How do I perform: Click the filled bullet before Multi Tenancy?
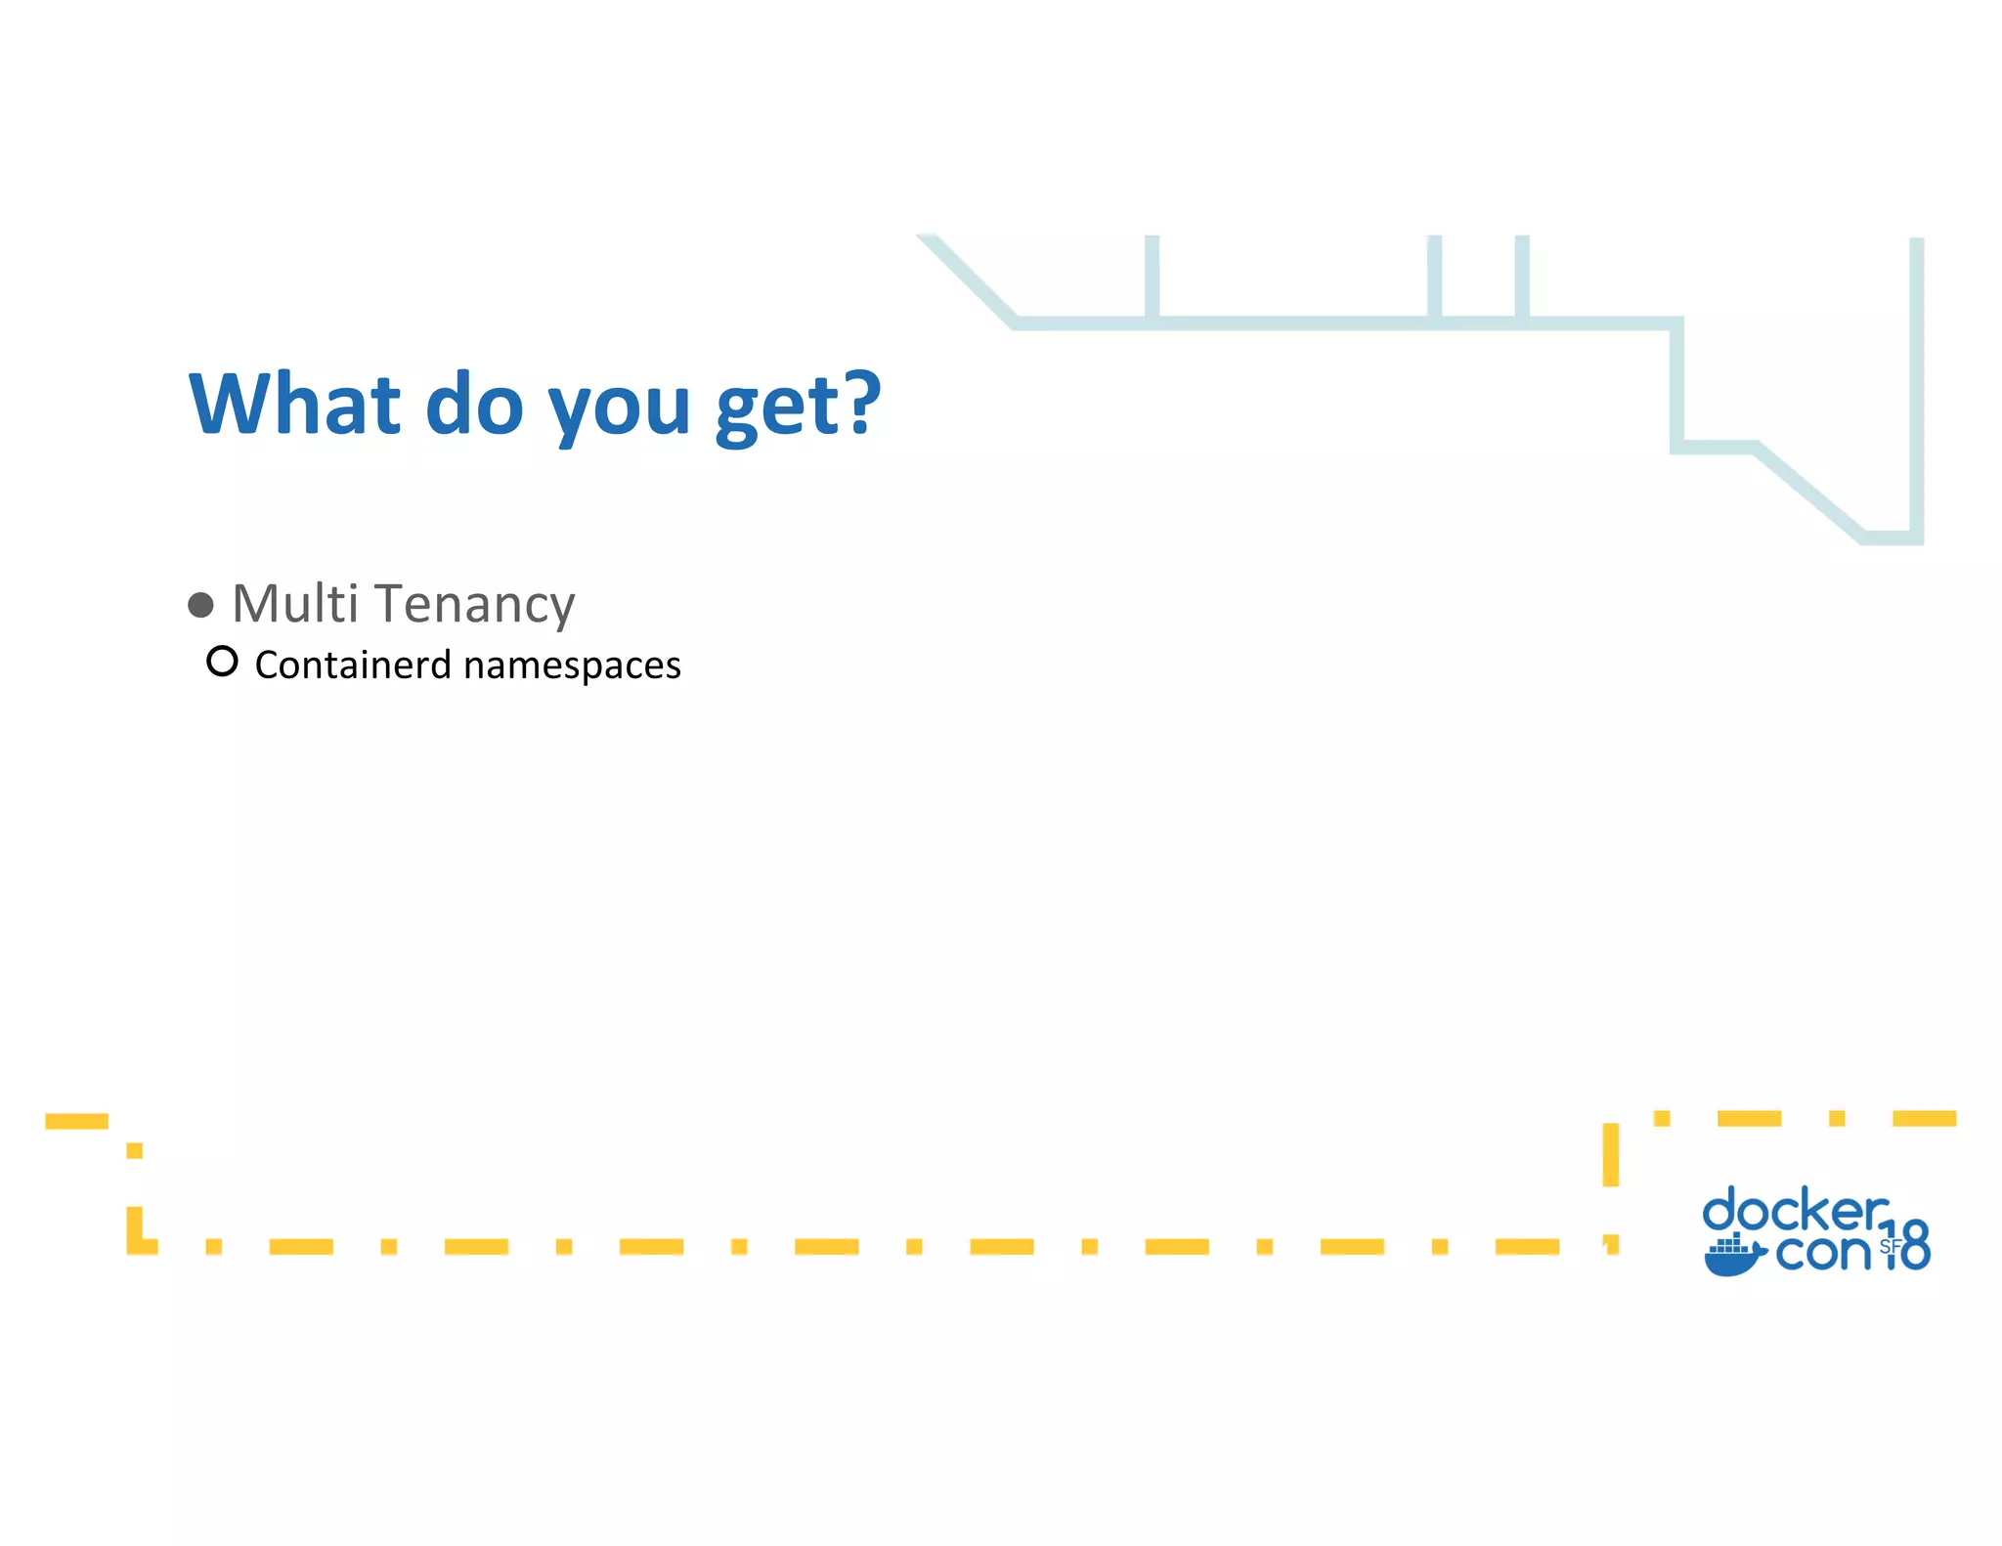200,605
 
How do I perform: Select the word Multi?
295,603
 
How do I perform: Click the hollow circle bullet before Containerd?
222,662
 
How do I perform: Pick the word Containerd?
353,665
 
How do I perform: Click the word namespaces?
572,666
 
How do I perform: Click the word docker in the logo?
1795,1212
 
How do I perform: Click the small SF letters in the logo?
1889,1246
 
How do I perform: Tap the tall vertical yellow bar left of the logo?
1611,1155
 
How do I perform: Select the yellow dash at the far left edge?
76,1121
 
